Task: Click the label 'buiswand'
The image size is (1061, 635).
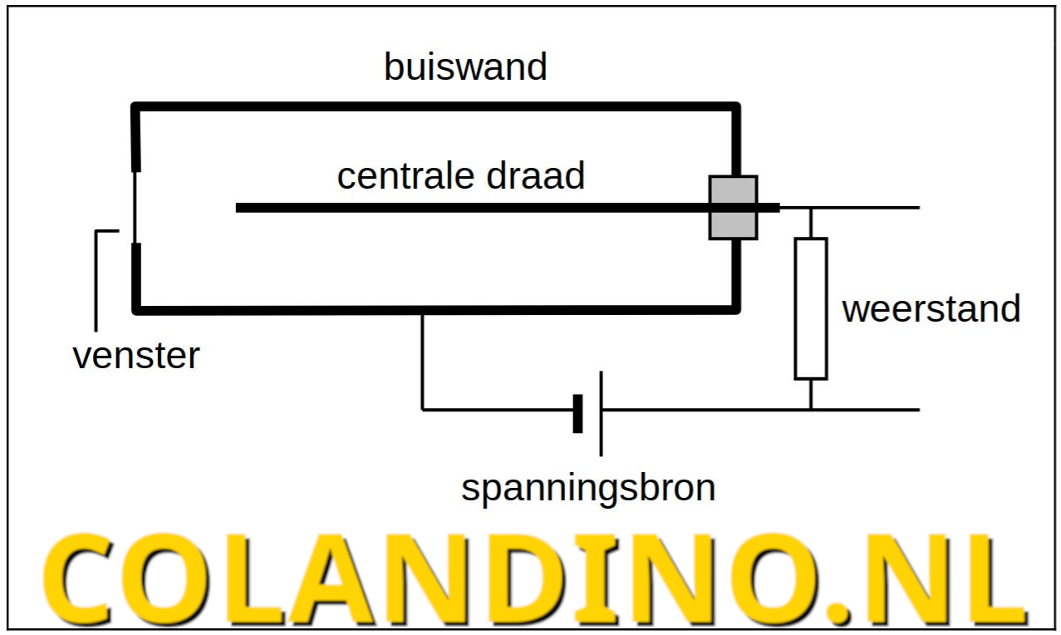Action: [x=465, y=66]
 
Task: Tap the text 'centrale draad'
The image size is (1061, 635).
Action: [x=460, y=176]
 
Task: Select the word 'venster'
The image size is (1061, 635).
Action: [x=136, y=357]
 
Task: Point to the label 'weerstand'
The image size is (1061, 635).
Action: [x=931, y=308]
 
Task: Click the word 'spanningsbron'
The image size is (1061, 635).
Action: [x=588, y=488]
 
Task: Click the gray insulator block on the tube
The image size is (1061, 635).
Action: [x=733, y=208]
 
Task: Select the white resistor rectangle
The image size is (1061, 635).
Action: [x=810, y=308]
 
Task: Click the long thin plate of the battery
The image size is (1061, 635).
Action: [x=601, y=413]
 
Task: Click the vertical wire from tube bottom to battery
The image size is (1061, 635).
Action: [x=423, y=362]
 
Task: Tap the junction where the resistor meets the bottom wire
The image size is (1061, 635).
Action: [x=811, y=410]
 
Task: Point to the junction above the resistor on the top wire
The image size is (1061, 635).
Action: [x=811, y=208]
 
